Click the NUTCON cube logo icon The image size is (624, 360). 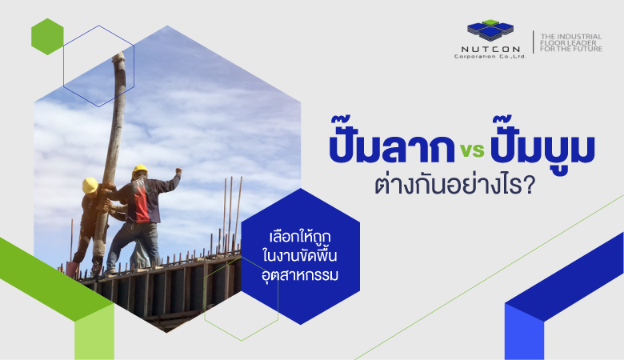click(x=490, y=30)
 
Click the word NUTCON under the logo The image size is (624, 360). click(x=490, y=50)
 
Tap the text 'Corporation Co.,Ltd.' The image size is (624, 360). click(x=490, y=57)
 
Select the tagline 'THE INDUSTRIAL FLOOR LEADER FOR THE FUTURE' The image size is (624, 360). click(x=570, y=42)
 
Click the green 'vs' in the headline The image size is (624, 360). click(x=472, y=150)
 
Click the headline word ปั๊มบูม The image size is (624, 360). click(x=543, y=145)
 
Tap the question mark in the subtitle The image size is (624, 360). click(x=529, y=186)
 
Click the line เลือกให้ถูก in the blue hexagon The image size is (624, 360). click(x=300, y=237)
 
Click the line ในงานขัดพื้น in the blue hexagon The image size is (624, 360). click(x=300, y=255)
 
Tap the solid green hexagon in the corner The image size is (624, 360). click(x=47, y=37)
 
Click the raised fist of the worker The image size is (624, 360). click(x=178, y=171)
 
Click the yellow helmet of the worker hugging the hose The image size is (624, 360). click(x=90, y=186)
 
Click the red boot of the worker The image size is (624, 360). click(x=72, y=270)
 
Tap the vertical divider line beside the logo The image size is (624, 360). click(x=534, y=42)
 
